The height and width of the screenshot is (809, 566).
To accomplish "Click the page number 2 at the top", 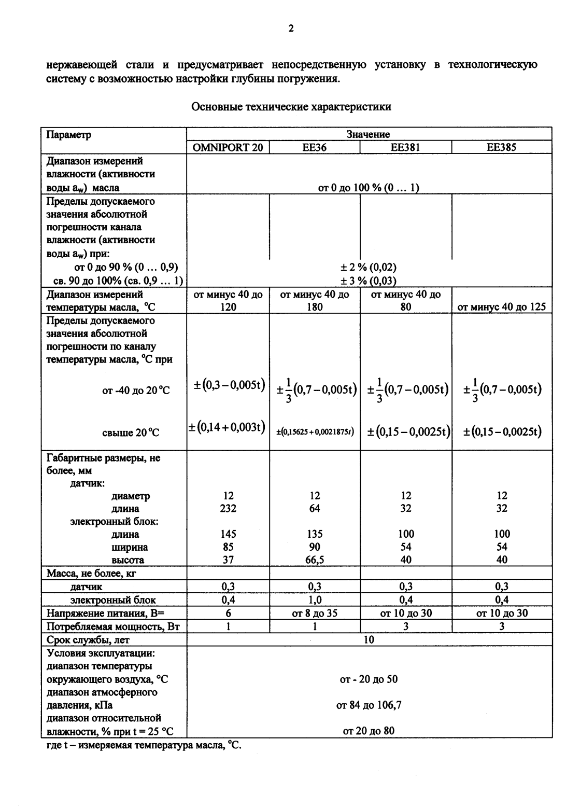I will click(291, 29).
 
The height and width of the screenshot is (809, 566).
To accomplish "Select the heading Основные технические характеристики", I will click(291, 107).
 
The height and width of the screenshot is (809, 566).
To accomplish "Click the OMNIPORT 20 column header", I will click(228, 147).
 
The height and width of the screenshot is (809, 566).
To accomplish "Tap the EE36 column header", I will click(315, 147).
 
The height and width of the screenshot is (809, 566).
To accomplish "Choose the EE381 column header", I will click(405, 147).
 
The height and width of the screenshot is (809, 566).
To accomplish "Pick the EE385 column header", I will click(501, 147).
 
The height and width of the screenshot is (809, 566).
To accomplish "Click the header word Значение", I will click(368, 134).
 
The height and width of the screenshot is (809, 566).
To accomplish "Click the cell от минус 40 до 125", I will click(501, 306).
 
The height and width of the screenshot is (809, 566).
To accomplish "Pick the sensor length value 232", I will click(228, 508).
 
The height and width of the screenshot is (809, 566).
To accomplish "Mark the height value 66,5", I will click(315, 560).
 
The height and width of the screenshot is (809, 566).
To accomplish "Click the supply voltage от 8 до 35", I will click(315, 613).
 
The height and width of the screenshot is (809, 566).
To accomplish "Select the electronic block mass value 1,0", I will click(315, 600).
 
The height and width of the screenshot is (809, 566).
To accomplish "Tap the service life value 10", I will click(368, 639).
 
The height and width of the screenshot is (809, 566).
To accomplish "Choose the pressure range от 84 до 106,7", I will click(368, 705).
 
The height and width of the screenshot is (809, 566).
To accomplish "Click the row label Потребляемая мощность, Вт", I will click(113, 626).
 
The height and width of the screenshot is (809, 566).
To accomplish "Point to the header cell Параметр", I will click(69, 135).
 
